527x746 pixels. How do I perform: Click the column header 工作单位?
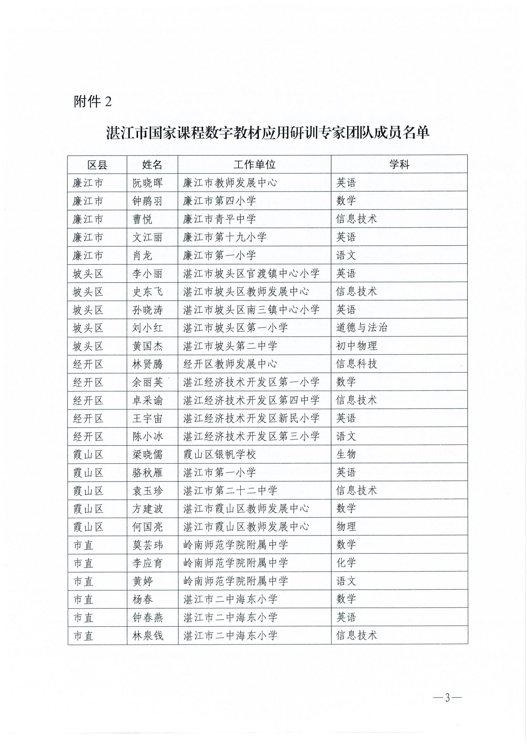coord(254,165)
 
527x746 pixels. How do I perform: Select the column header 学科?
coord(399,165)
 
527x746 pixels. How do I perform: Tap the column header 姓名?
coord(152,165)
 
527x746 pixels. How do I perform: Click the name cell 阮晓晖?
coord(147,183)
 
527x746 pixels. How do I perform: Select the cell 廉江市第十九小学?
coord(225,238)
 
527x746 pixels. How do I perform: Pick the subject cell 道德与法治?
coord(362,328)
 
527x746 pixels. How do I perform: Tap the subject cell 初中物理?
coord(356,346)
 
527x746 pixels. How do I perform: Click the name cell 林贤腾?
coord(147,364)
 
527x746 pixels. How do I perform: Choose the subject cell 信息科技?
coord(356,364)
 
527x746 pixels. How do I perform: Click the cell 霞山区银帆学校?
coord(219,454)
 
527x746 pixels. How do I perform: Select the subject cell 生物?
coord(346,454)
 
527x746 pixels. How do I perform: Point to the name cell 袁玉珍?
coord(147,491)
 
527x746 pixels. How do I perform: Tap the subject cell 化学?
coord(346,563)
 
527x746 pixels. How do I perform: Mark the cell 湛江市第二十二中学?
coord(230,491)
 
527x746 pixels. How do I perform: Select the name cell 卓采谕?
coord(147,400)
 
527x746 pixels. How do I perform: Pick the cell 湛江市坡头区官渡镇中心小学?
coord(251,274)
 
